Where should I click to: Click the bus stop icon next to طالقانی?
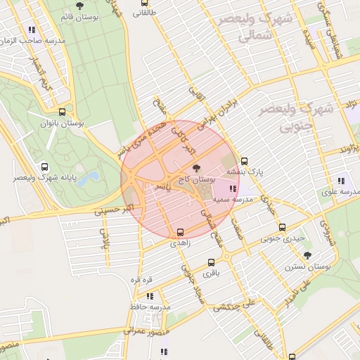[x=137, y=13]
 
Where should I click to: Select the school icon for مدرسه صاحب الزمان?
[x=32, y=30]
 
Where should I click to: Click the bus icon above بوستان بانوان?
[x=63, y=112]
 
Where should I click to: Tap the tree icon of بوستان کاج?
[x=195, y=168]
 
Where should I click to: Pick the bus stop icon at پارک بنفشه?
[x=244, y=160]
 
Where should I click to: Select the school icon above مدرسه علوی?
[x=342, y=179]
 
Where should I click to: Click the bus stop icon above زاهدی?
[x=180, y=232]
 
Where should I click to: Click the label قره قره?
[x=141, y=280]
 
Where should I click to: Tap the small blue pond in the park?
[x=88, y=179]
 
